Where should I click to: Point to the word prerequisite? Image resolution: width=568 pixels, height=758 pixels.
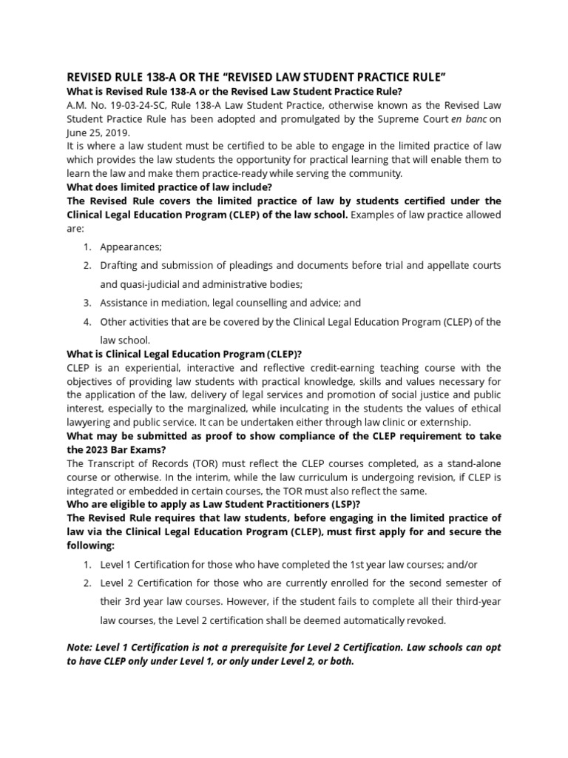tap(273, 647)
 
